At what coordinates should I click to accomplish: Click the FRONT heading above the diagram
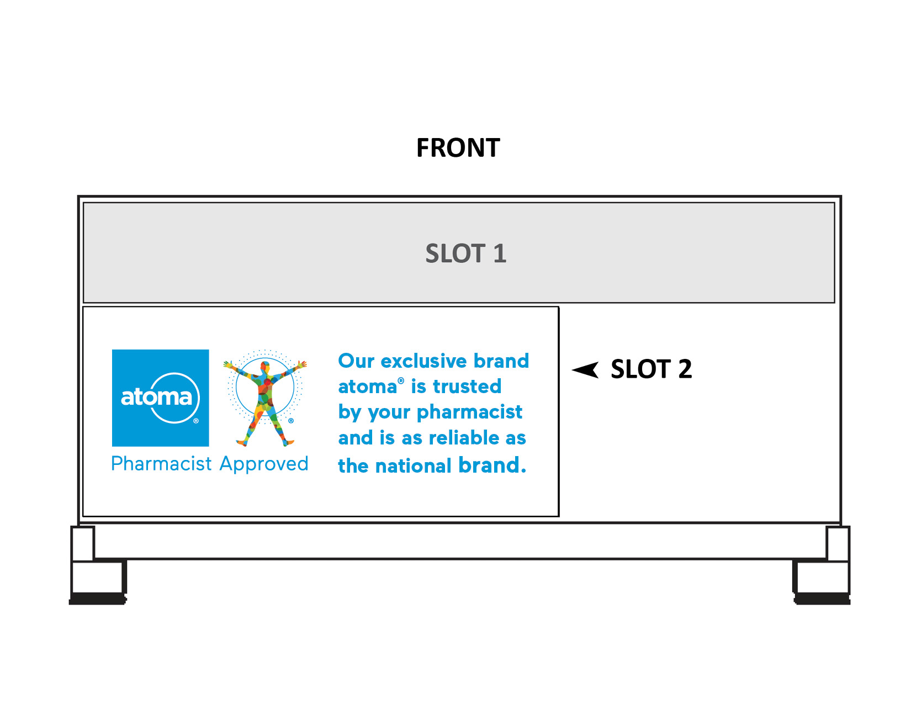458,148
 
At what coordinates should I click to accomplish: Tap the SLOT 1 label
465,253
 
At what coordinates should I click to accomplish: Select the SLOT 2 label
651,369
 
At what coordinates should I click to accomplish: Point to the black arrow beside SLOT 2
586,369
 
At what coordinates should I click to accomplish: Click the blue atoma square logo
160,398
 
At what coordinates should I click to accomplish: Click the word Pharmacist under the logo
161,464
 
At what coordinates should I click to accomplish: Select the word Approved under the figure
264,464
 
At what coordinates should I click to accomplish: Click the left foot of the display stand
98,580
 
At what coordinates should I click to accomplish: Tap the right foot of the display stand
822,580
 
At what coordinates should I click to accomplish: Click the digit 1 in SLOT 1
499,253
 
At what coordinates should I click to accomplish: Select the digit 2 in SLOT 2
685,369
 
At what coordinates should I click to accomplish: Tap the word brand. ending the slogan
492,465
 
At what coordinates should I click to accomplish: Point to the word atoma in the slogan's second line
367,387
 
